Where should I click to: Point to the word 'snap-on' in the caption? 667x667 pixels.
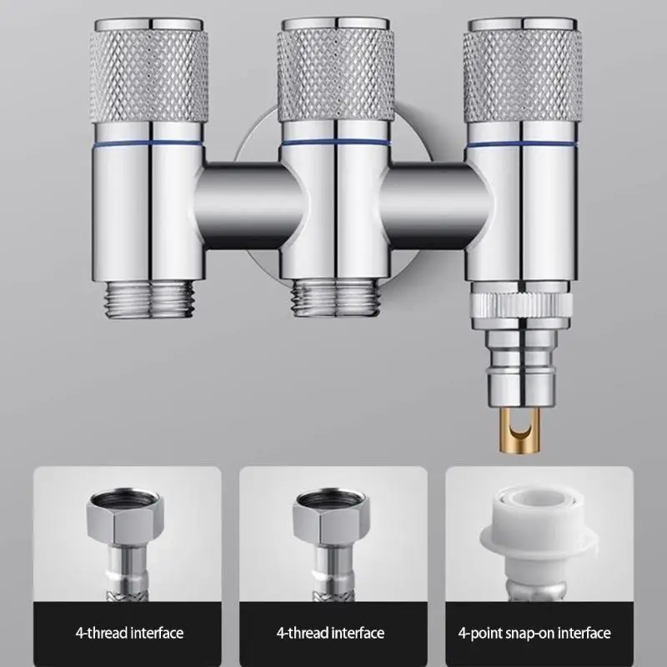coord(537,634)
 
